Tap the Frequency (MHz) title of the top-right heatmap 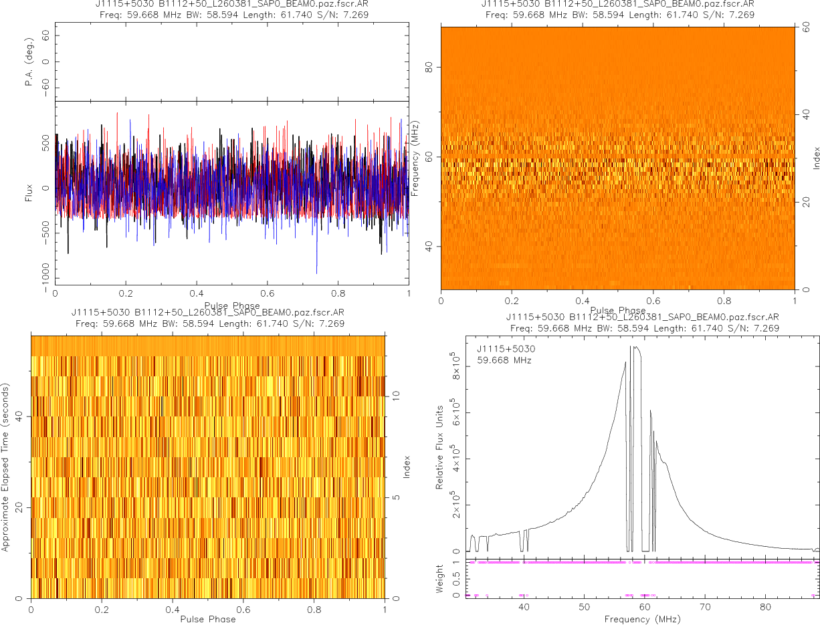coord(416,158)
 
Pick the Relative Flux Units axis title coord(440,447)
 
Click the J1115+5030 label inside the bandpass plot coord(506,349)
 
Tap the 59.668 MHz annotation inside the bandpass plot coord(504,361)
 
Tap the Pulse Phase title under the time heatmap coord(208,619)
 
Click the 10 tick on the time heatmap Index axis coord(395,396)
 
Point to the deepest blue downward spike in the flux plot coord(317,273)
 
